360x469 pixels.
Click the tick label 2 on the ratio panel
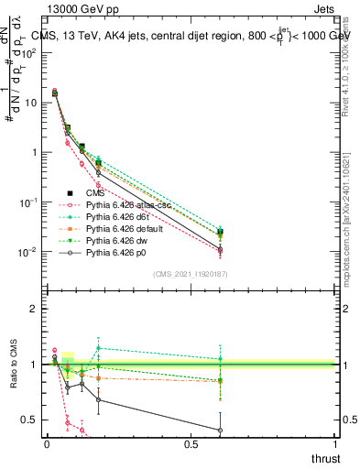pos(35,309)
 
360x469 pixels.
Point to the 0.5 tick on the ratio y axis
pos(30,420)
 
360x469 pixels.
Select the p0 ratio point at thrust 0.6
pos(219,430)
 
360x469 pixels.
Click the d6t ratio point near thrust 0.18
pos(98,348)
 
